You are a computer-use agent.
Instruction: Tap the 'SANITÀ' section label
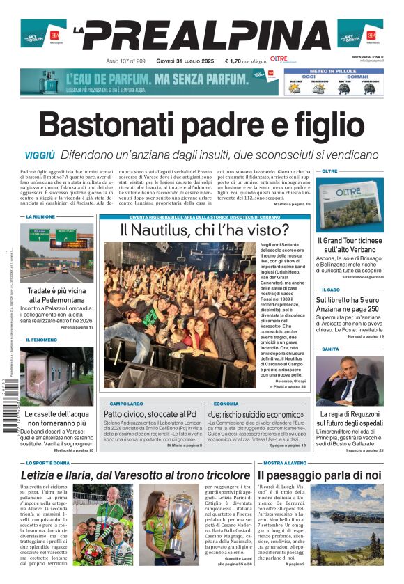coord(330,349)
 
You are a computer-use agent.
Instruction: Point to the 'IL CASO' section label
coord(331,290)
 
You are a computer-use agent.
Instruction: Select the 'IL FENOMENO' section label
coord(42,340)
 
